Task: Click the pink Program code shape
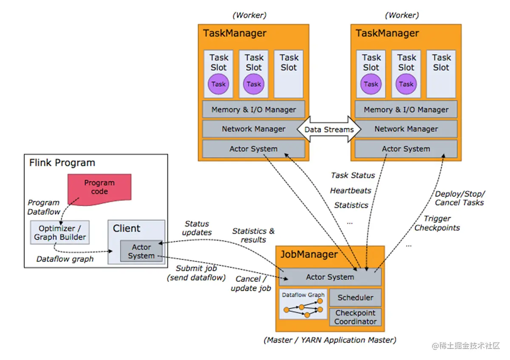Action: [99, 189]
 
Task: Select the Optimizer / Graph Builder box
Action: [60, 232]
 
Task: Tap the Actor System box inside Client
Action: [141, 251]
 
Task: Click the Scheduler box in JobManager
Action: [355, 298]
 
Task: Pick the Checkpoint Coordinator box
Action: [355, 317]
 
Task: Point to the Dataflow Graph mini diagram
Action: [303, 304]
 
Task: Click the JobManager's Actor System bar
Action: [330, 277]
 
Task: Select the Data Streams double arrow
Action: [329, 129]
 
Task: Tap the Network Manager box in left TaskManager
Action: [254, 129]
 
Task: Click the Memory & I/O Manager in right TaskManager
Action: [406, 110]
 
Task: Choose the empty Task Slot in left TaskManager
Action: [289, 74]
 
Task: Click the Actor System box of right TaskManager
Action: [406, 149]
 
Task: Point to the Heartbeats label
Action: [351, 190]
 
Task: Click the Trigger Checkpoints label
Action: [437, 223]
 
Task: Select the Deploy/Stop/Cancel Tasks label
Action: [460, 198]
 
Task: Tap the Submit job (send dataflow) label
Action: [196, 273]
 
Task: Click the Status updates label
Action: [197, 228]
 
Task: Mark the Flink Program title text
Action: [62, 163]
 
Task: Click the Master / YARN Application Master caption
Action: [330, 340]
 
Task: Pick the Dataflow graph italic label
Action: [65, 259]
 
